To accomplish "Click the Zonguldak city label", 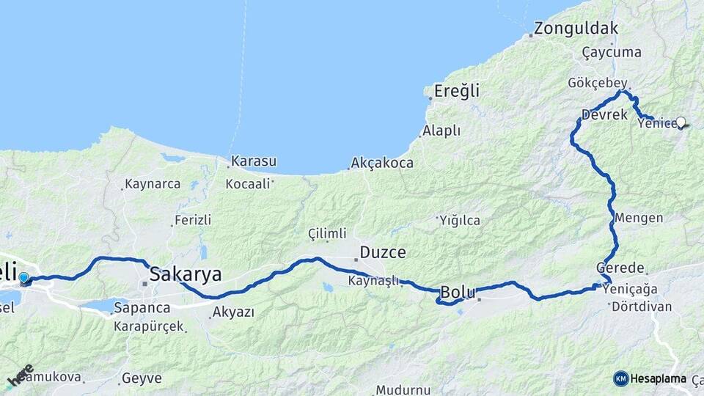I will pyautogui.click(x=576, y=29).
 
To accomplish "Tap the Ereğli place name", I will pyautogui.click(x=456, y=92).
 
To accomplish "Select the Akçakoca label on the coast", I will pyautogui.click(x=381, y=163).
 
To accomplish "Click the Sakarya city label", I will pyautogui.click(x=186, y=275).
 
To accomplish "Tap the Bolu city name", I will pyautogui.click(x=458, y=293).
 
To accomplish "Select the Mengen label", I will pyautogui.click(x=639, y=218).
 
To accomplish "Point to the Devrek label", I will pyautogui.click(x=604, y=115).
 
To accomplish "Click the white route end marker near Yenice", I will pyautogui.click(x=681, y=122).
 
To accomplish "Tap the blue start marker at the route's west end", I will pyautogui.click(x=24, y=278).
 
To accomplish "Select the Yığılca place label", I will pyautogui.click(x=459, y=219).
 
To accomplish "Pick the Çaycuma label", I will pyautogui.click(x=612, y=52).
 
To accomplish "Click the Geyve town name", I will pyautogui.click(x=142, y=379).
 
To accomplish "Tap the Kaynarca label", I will pyautogui.click(x=153, y=184).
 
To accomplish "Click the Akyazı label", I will pyautogui.click(x=232, y=312).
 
